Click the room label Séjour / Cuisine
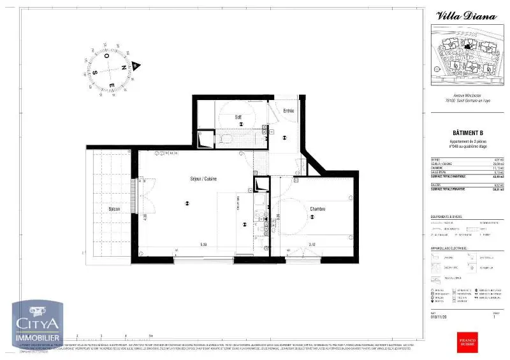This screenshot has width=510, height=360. point(203,179)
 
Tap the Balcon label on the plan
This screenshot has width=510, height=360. point(114,209)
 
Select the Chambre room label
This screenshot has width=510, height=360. point(318,209)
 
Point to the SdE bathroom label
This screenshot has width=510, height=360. point(238,117)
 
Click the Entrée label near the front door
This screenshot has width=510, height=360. point(288,112)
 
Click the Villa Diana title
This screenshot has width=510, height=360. point(466,17)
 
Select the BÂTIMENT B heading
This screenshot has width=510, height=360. point(467,133)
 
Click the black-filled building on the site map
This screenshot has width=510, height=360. point(469,46)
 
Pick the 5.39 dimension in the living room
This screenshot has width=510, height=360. point(203,244)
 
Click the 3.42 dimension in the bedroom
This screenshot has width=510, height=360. point(312,244)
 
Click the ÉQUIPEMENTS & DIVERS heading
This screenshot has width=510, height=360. point(447,217)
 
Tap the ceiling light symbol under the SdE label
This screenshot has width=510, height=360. point(241,125)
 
